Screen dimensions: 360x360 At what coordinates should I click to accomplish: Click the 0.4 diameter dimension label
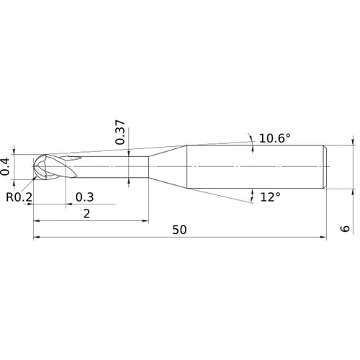tap(6, 166)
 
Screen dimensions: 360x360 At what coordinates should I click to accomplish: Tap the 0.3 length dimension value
tap(84, 197)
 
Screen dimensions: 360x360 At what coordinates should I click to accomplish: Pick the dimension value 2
tap(86, 213)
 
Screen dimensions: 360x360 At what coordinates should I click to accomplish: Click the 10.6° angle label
tap(274, 138)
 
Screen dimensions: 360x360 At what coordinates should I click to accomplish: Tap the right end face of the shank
tap(327, 166)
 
